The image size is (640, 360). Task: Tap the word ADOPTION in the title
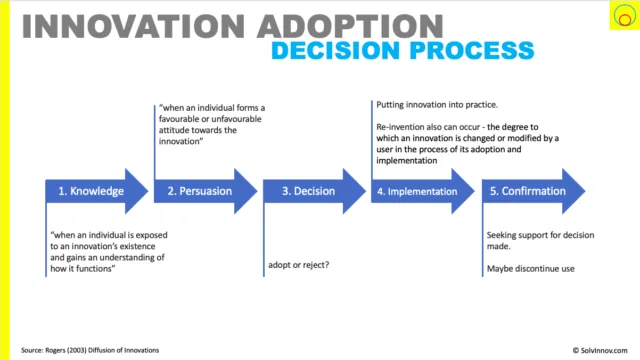coord(351,27)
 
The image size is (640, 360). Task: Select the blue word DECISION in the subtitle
coord(336,51)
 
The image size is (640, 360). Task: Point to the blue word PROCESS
coord(472,51)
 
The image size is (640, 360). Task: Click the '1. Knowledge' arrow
coord(97,191)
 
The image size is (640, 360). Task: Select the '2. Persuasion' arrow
coord(205,191)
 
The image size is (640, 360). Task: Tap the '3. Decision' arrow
coord(314,191)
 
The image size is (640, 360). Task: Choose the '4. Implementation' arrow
coord(423,191)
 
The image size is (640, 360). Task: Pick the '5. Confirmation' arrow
coord(533,191)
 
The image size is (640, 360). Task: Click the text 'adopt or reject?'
coord(299,265)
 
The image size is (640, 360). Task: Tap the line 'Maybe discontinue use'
coord(531,269)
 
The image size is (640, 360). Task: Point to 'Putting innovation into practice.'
coord(437,105)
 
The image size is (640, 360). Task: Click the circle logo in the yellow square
coord(624,16)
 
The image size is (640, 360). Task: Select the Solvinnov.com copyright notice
coord(600,350)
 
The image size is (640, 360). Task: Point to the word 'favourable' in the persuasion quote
coord(177,119)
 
